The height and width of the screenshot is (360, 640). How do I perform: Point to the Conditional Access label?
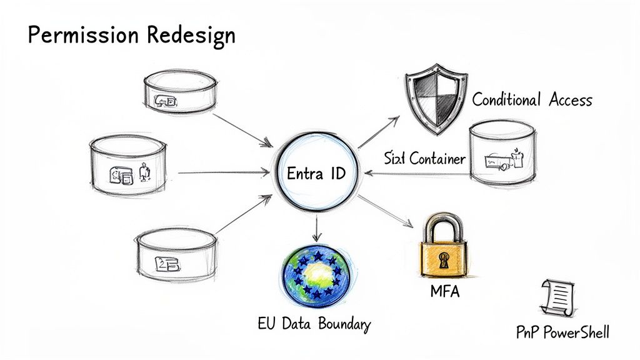point(532,100)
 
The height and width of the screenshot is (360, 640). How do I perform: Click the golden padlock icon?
point(443,247)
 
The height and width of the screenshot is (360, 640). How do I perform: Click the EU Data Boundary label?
point(314,324)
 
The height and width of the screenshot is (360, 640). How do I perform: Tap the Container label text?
point(437,159)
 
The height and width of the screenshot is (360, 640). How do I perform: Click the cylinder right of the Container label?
point(502,154)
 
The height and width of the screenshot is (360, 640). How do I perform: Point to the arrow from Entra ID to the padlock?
point(386,212)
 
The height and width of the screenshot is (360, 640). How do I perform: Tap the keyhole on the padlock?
point(444,258)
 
